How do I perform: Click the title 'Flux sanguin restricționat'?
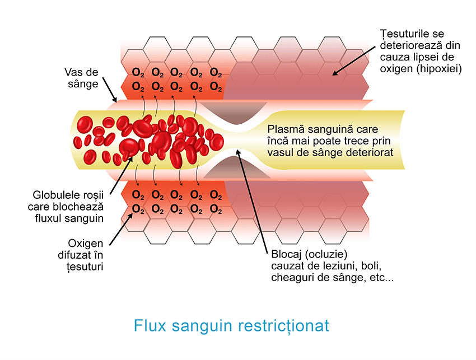pos(231,326)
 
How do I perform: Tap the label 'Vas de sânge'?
pos(82,78)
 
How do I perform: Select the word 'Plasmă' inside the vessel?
pos(285,129)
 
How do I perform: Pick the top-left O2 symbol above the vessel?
pos(138,73)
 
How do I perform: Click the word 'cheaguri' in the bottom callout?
pos(289,277)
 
